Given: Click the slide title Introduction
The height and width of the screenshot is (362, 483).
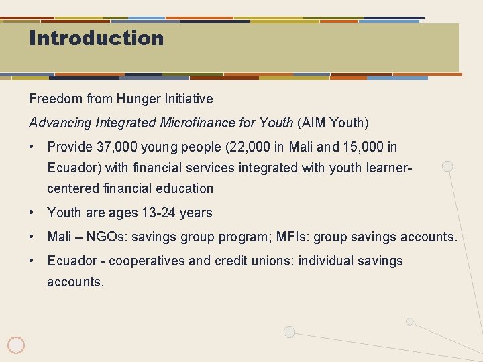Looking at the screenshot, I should point(96,38).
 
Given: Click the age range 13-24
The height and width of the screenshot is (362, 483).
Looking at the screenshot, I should point(159,213).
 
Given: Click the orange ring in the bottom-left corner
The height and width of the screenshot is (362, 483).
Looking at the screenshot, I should point(16,345).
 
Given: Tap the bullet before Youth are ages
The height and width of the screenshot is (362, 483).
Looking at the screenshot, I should point(32,213).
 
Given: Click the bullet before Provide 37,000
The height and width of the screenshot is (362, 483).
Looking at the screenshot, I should point(32,147).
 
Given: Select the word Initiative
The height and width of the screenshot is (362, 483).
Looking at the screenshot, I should point(190,99).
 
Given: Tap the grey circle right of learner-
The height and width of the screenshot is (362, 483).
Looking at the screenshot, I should point(447,166).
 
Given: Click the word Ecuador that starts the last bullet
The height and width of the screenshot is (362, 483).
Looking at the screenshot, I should point(70,261).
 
